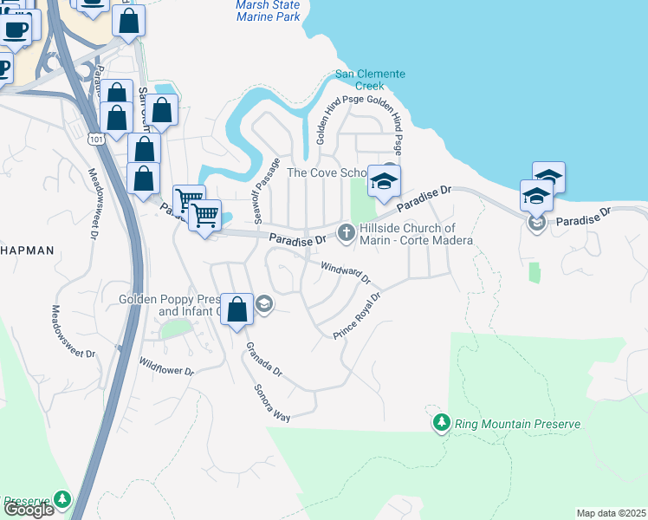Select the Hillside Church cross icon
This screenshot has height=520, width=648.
coord(346,231)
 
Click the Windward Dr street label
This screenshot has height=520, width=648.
coord(346,274)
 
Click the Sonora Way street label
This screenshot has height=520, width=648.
coord(271,402)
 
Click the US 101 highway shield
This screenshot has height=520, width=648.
coord(95,137)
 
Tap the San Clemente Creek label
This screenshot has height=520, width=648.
coord(371,80)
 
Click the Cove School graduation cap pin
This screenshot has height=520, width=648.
coord(384,181)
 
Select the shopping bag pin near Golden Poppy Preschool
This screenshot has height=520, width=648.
coord(237,309)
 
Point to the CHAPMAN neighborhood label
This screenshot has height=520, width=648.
coord(27,250)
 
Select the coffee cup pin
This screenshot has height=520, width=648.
coord(16,30)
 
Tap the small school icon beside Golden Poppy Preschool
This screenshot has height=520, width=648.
coord(264,303)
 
